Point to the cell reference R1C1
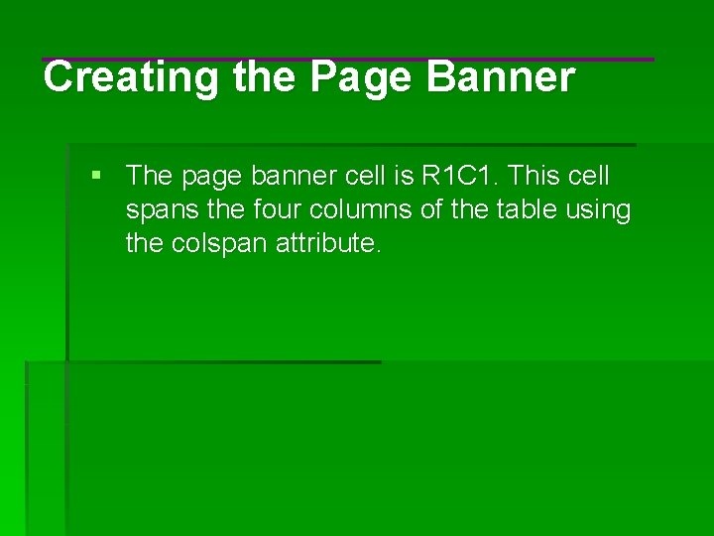(463, 177)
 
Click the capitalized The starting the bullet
(150, 177)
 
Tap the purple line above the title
(347, 60)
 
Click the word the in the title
(265, 77)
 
